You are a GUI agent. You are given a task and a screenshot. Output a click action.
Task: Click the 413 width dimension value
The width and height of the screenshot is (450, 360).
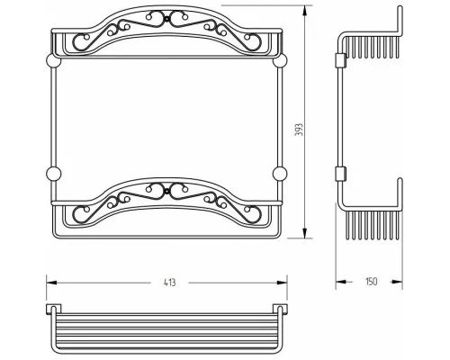click(x=170, y=283)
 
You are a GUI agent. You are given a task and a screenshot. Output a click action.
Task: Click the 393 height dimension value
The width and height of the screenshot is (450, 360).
click(x=299, y=130)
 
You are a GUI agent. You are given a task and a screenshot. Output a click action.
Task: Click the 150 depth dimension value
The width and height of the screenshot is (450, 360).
click(x=371, y=282)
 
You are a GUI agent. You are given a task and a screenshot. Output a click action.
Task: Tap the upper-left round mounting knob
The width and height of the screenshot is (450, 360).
click(x=53, y=61)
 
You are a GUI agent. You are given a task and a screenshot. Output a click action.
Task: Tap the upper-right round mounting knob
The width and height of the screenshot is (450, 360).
click(x=280, y=61)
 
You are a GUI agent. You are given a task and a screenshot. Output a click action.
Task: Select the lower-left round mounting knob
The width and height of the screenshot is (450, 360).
click(x=53, y=174)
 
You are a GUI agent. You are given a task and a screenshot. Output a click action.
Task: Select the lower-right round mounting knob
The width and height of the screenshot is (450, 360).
click(x=280, y=174)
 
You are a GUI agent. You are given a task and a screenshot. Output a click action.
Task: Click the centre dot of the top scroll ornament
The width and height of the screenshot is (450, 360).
click(x=166, y=19)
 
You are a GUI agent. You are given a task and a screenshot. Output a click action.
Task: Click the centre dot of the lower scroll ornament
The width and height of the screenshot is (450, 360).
click(x=166, y=191)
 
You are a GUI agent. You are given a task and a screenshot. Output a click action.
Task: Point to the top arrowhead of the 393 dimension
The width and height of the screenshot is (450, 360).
click(x=305, y=12)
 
